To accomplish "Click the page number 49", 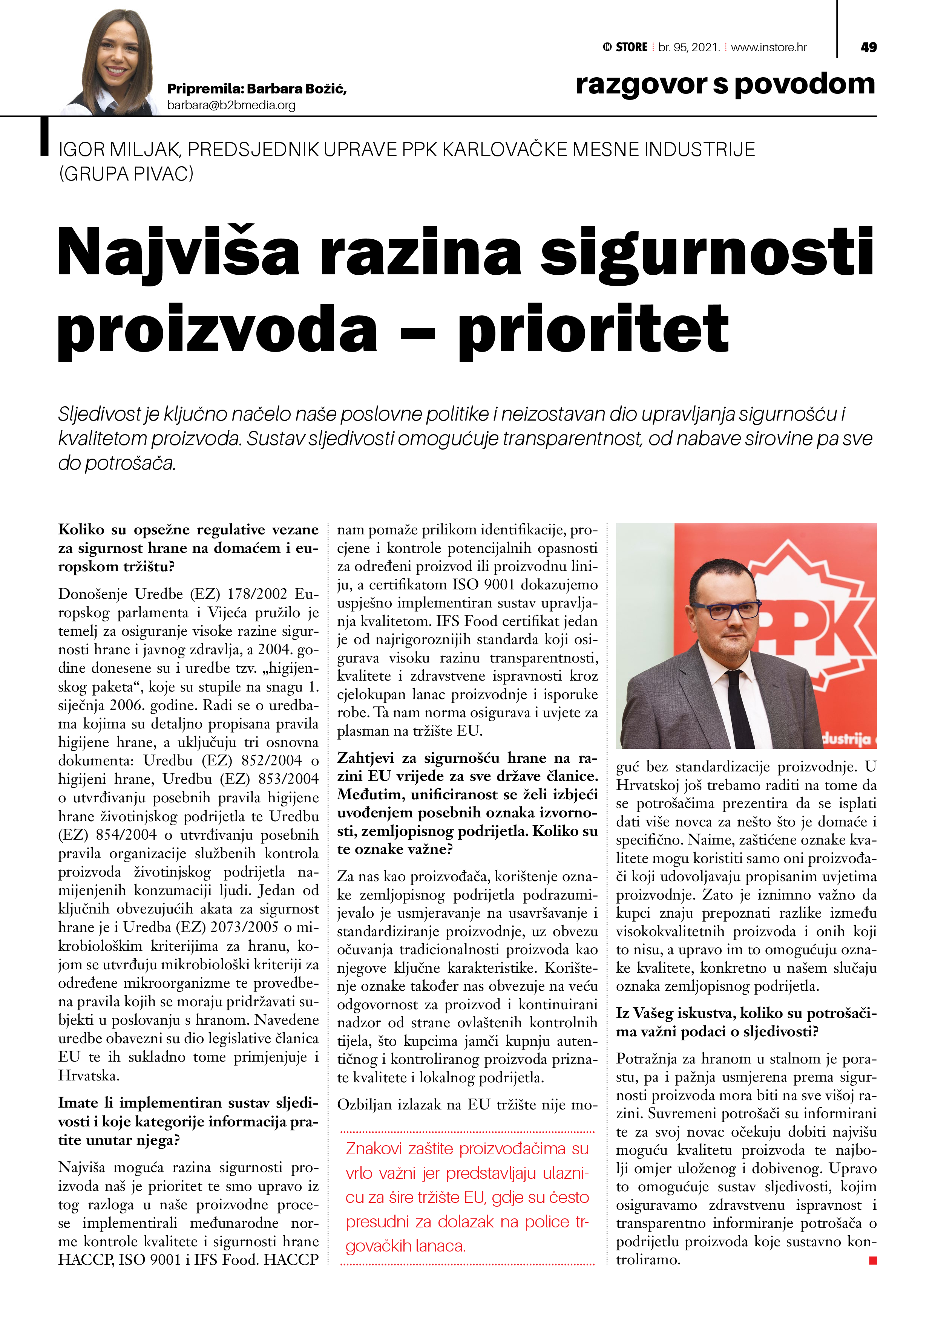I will [x=868, y=47].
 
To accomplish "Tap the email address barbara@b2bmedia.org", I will [x=231, y=106].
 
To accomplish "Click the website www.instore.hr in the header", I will [x=768, y=47].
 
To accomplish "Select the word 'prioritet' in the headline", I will [x=593, y=329].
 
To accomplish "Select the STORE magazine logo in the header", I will [x=625, y=47].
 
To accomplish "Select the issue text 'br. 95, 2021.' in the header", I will [x=689, y=47].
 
